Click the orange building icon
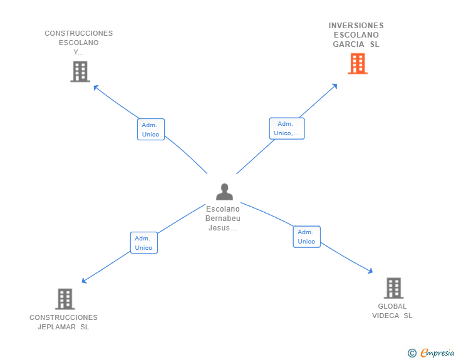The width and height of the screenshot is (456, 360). coord(357,64)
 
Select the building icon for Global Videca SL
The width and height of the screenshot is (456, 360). coord(393,288)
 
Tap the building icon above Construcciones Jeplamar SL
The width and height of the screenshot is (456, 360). coord(65,299)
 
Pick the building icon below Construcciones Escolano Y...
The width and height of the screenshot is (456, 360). coord(80,72)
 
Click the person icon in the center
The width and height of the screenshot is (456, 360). coord(224,192)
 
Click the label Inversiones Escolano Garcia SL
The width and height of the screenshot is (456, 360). coord(356,35)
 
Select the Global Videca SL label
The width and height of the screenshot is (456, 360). coord(392,311)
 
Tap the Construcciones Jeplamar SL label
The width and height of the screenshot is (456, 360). coord(63,322)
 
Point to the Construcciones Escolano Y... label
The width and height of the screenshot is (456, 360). coord(79,43)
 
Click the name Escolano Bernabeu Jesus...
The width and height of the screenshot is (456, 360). coord(223,219)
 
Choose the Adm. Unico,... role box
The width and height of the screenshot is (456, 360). coord(287,128)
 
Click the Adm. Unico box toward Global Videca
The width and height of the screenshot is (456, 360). coord(306,237)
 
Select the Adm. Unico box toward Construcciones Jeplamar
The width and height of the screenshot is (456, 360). coord(143,242)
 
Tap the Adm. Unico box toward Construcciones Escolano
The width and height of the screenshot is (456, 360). coord(150,130)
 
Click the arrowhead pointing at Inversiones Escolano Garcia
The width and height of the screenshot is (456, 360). coord(335,86)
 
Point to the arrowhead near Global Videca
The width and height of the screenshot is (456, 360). coord(370,271)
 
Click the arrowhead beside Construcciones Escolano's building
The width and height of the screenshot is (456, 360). coord(96,87)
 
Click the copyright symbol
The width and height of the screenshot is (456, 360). coord(412,353)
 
